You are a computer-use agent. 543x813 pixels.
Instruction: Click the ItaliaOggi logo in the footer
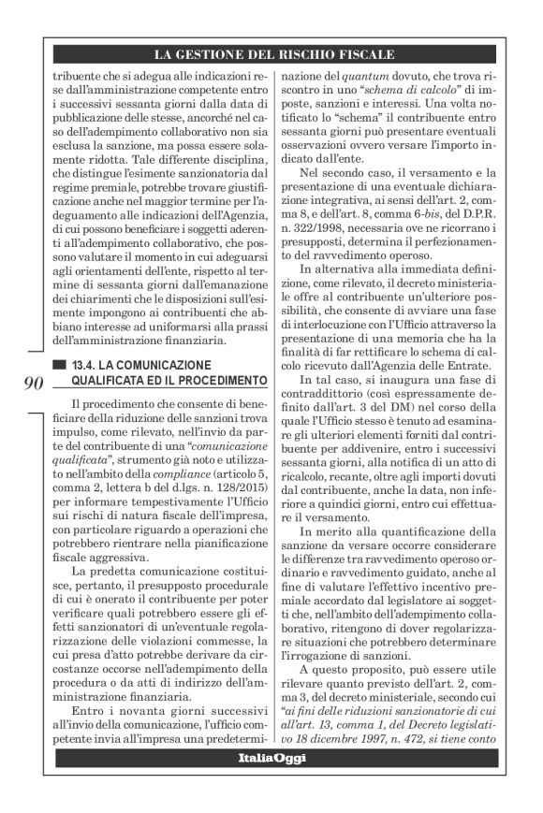click(271, 756)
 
